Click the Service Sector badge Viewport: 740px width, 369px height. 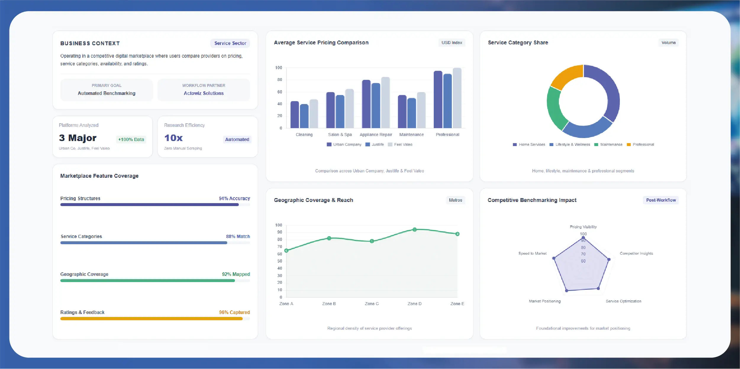[x=230, y=43]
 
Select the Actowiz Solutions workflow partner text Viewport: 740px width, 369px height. [x=204, y=93]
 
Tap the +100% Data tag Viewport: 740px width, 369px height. [x=131, y=139]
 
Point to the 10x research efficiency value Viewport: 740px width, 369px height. [x=173, y=138]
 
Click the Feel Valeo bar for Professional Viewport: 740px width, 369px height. [x=457, y=98]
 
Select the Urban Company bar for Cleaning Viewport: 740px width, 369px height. [x=295, y=114]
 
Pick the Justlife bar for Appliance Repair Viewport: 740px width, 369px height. [x=376, y=106]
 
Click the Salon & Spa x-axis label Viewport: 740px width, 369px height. [x=340, y=135]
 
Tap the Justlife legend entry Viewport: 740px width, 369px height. [x=375, y=145]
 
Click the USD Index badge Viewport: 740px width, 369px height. [x=452, y=43]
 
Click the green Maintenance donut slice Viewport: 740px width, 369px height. [x=555, y=108]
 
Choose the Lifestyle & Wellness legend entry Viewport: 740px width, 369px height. [x=570, y=145]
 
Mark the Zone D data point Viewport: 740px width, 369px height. [x=415, y=229]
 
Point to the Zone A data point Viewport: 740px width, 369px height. [x=286, y=250]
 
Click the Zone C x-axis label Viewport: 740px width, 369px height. [x=372, y=304]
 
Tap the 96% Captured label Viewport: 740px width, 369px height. [x=234, y=312]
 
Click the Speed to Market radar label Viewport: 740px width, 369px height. [x=532, y=253]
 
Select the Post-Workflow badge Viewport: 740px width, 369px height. [x=661, y=200]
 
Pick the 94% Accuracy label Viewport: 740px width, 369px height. [x=234, y=198]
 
